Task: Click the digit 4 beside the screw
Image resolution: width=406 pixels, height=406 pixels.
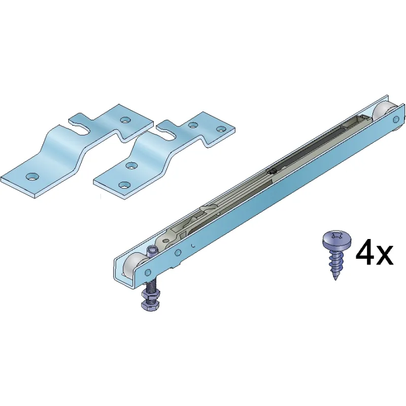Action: pos(365,252)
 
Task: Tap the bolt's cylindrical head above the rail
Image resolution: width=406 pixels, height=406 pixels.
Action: pos(151,251)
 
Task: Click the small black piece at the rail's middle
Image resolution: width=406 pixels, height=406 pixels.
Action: pos(273,171)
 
